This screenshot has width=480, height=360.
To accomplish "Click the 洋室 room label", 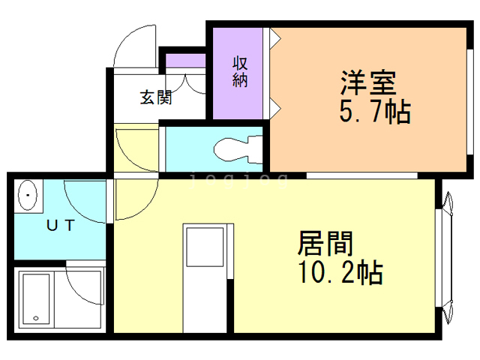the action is pos(368,82).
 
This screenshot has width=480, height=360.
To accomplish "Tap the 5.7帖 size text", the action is pos(375,112).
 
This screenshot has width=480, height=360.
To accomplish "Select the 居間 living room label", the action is pos(325,243).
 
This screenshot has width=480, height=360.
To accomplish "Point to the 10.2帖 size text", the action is pos(340,272).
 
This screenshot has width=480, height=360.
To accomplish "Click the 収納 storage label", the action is pos(240,72).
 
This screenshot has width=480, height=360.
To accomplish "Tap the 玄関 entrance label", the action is pos(156,97).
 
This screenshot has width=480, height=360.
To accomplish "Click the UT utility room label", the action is pos(60,226).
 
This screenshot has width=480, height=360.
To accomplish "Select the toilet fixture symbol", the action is pos(238,150).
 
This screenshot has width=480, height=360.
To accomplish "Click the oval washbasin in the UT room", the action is pos(28,195).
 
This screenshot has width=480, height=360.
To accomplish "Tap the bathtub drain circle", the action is pos(36,318).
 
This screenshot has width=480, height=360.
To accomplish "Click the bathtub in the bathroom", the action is pos(36,298).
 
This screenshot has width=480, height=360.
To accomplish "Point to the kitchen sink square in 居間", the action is pos(205,247).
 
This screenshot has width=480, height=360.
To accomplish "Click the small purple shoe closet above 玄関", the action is pos(185,61).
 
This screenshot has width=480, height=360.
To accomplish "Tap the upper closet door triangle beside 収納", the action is pos(275,38).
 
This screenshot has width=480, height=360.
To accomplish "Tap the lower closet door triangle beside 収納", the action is pos(275,108).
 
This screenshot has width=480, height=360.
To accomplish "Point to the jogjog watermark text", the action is pos(238,180).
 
